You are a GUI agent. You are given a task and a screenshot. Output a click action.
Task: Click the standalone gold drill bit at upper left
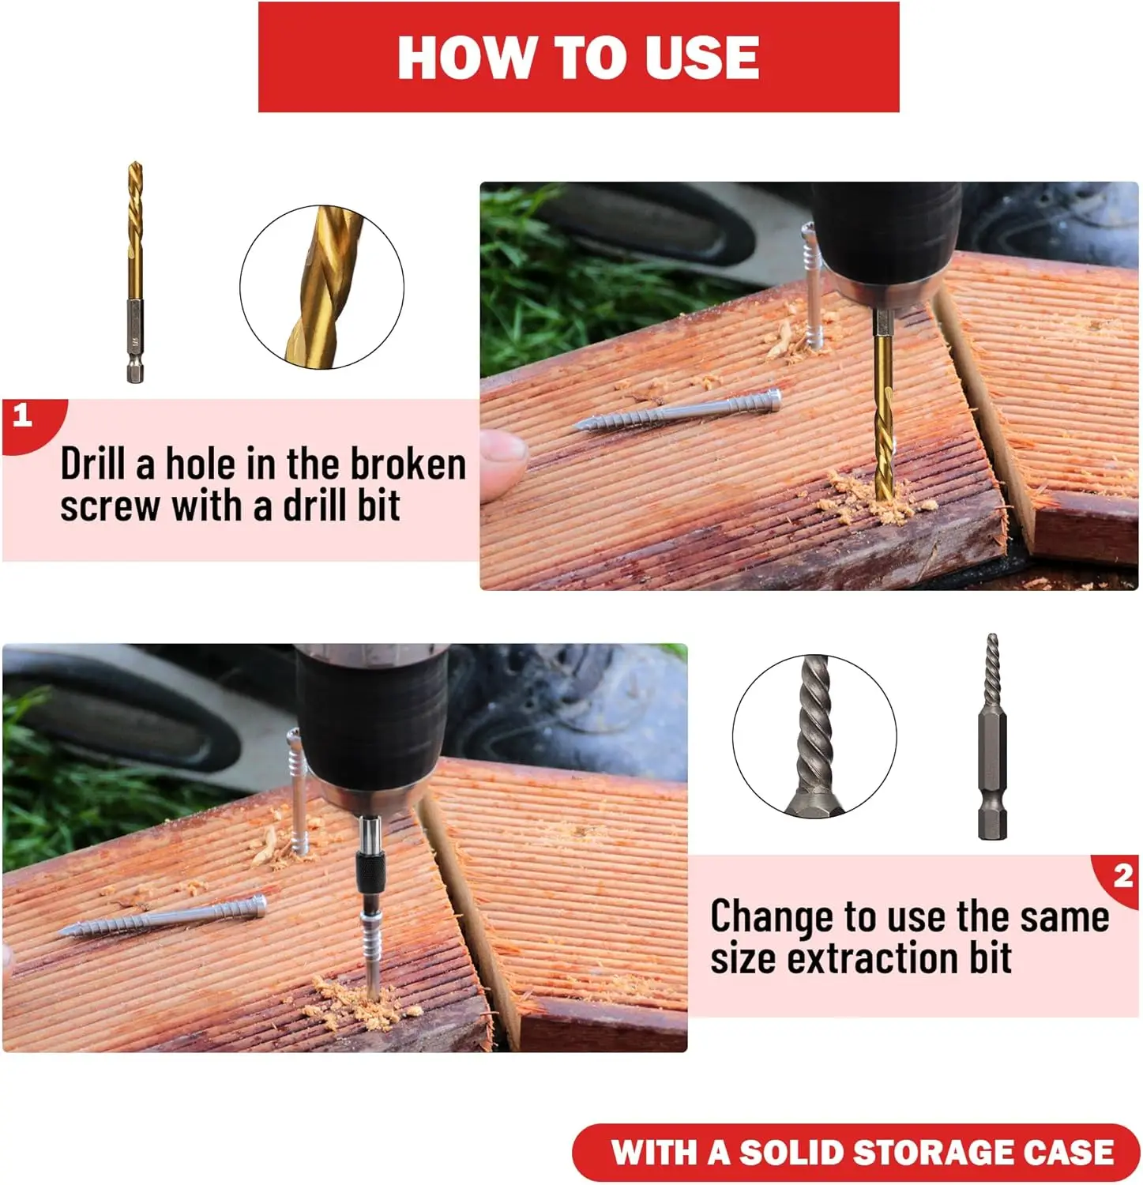[x=135, y=273]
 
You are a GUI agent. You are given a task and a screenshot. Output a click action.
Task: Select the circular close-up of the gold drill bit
[x=321, y=287]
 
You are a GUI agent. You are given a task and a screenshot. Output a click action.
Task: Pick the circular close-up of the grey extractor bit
[x=814, y=736]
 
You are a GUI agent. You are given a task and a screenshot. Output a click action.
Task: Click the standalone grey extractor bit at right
[x=992, y=736]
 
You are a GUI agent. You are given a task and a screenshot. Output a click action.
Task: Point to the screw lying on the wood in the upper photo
[x=678, y=412]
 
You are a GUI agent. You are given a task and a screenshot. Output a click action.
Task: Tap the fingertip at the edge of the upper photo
[x=502, y=463]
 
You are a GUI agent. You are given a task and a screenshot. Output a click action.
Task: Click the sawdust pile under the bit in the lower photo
[x=365, y=999]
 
